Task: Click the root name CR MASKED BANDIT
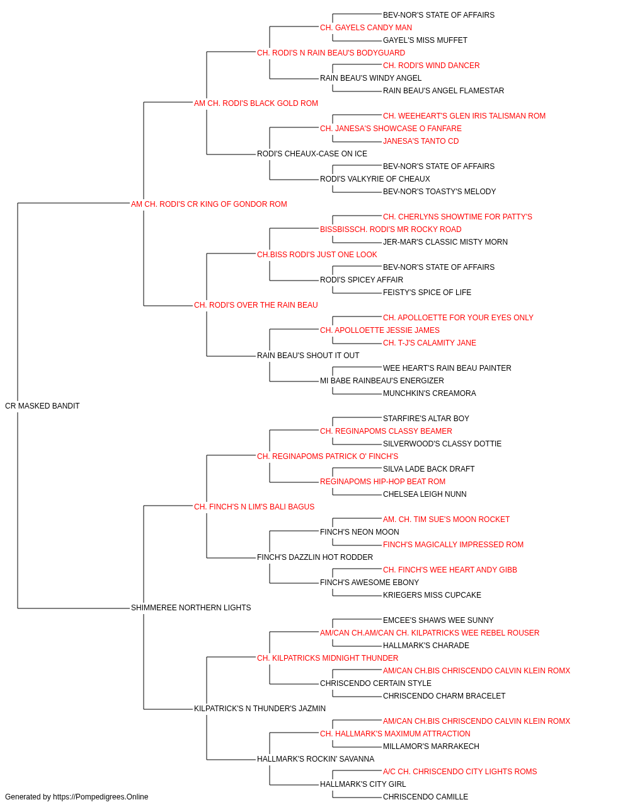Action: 42,405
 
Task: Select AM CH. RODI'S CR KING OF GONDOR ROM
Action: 209,204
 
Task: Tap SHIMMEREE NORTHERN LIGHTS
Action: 191,607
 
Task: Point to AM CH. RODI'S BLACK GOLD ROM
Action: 256,103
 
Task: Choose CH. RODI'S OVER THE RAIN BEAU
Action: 256,305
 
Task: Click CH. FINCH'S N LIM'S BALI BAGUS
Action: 254,506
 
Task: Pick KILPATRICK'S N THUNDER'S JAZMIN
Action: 260,708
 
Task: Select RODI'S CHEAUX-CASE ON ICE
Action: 312,154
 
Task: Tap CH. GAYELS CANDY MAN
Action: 366,28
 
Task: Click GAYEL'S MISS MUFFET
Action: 425,40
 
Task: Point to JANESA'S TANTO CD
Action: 421,141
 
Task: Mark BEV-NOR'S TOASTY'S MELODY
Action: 439,191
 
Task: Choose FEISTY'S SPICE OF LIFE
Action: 427,293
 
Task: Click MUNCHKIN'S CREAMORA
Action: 429,393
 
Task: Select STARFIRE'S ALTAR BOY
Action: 426,418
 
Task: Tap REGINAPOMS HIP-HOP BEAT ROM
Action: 382,481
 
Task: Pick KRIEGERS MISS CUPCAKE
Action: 432,595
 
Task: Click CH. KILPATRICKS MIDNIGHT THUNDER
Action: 328,658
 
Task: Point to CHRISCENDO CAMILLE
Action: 426,796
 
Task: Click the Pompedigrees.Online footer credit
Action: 76,796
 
